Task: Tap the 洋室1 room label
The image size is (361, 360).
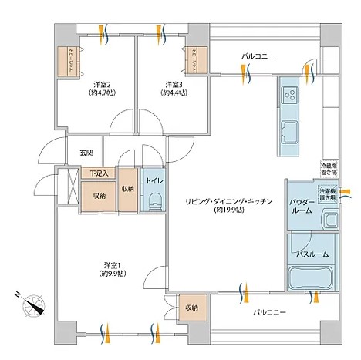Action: click(107, 264)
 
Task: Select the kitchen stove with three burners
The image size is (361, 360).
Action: click(292, 96)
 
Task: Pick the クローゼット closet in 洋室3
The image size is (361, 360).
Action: click(191, 60)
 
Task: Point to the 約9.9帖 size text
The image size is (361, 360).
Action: click(107, 274)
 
